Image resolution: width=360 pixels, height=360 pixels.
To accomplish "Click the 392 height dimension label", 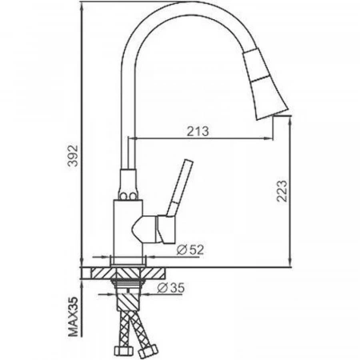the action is click(73, 156).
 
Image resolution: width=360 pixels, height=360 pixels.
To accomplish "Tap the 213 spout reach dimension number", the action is click(198, 131).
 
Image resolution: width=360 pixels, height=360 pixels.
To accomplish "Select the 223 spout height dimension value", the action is click(282, 191).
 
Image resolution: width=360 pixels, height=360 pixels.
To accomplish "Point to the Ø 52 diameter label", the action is click(190, 250).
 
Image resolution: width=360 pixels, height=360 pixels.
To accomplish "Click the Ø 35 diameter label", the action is click(170, 288).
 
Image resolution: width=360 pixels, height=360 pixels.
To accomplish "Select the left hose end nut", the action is click(122, 350).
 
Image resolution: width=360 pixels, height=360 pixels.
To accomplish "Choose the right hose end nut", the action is click(149, 350).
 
